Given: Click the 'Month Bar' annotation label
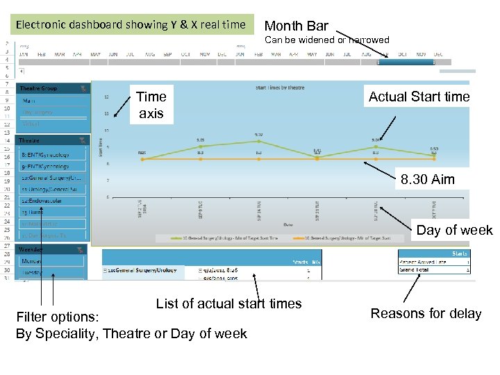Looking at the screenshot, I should point(297,26).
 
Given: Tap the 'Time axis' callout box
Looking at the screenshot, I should point(151,104).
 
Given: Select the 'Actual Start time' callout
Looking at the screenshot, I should point(419,97).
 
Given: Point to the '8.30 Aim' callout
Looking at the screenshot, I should point(427,179).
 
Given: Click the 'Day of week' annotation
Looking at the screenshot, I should point(454,230).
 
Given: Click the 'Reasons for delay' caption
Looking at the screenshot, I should point(426,313).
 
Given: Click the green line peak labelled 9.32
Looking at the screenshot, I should point(258,140).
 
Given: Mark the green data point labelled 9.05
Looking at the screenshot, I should point(200,146).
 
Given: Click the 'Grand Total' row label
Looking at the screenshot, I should point(415,269).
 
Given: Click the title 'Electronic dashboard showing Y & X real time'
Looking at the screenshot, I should point(131,25).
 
